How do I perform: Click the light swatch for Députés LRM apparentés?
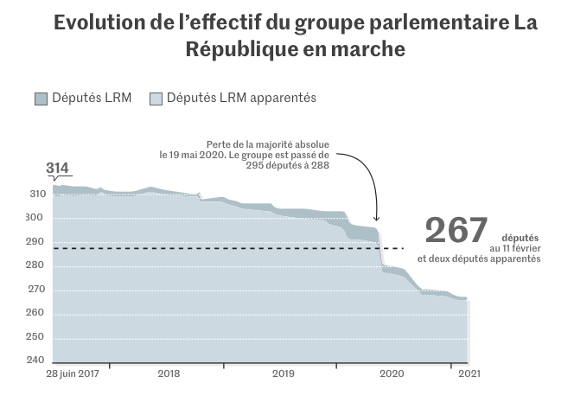click(156, 99)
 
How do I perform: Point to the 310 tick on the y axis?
click(37, 195)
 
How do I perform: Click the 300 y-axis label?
click(37, 218)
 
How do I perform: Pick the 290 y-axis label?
click(37, 242)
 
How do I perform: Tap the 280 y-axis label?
click(37, 265)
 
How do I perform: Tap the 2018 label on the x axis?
click(169, 374)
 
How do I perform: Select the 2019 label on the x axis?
click(284, 374)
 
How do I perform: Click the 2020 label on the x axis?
click(392, 374)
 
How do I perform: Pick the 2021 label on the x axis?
click(468, 374)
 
